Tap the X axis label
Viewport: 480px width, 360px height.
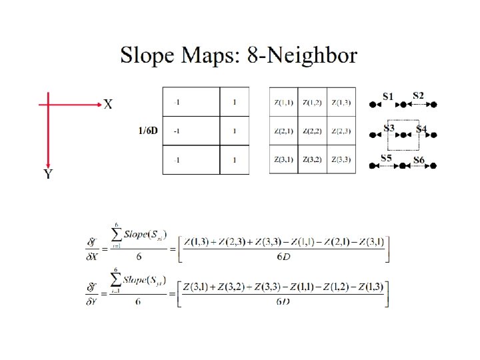point(107,105)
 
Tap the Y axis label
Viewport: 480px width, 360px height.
point(48,175)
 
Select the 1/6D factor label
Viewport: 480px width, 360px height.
point(147,131)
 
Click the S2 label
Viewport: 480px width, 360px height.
point(419,95)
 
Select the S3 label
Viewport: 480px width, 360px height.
point(389,127)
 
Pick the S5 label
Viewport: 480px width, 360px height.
point(386,158)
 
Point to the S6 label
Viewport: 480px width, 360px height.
point(419,160)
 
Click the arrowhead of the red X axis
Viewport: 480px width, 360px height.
point(97,105)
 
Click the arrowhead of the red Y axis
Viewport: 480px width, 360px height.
point(48,164)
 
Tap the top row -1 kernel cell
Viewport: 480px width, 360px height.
point(177,102)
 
